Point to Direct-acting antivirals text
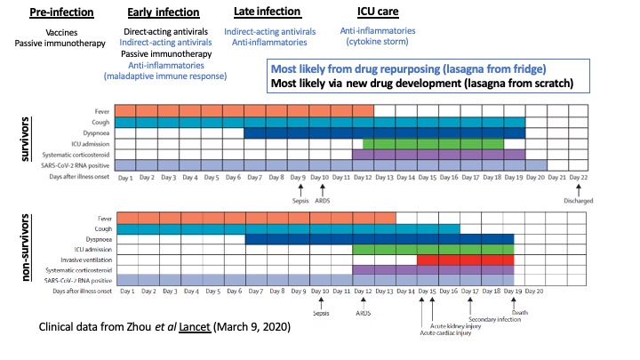(166, 32)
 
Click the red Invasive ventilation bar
(465, 260)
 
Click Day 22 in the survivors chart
(578, 178)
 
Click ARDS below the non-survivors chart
(363, 313)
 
